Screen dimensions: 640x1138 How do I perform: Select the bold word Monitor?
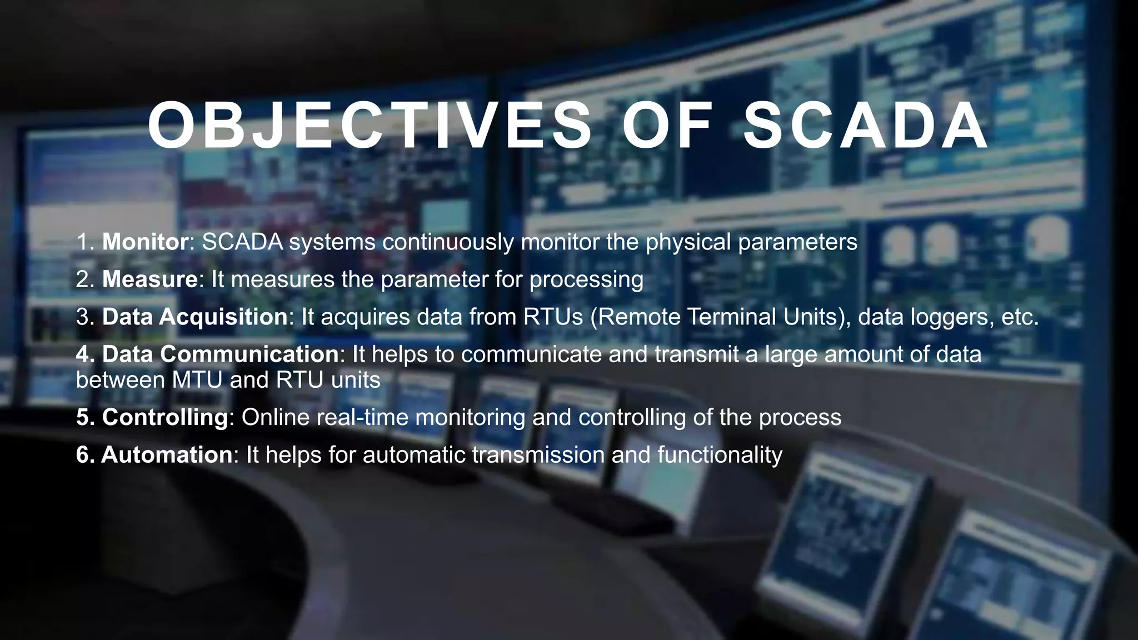(x=146, y=242)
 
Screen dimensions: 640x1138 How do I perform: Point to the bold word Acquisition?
(x=223, y=317)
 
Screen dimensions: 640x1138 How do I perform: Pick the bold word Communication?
(x=249, y=354)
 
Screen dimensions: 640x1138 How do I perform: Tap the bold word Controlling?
(x=165, y=417)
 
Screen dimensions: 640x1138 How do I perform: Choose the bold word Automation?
(x=167, y=454)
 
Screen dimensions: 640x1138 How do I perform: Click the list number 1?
(x=85, y=242)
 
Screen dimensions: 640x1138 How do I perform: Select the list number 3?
(x=85, y=317)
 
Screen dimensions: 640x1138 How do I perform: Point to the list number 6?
(x=85, y=454)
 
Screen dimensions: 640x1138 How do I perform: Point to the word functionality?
(x=720, y=454)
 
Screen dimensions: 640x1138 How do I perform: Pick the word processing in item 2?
(x=586, y=279)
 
